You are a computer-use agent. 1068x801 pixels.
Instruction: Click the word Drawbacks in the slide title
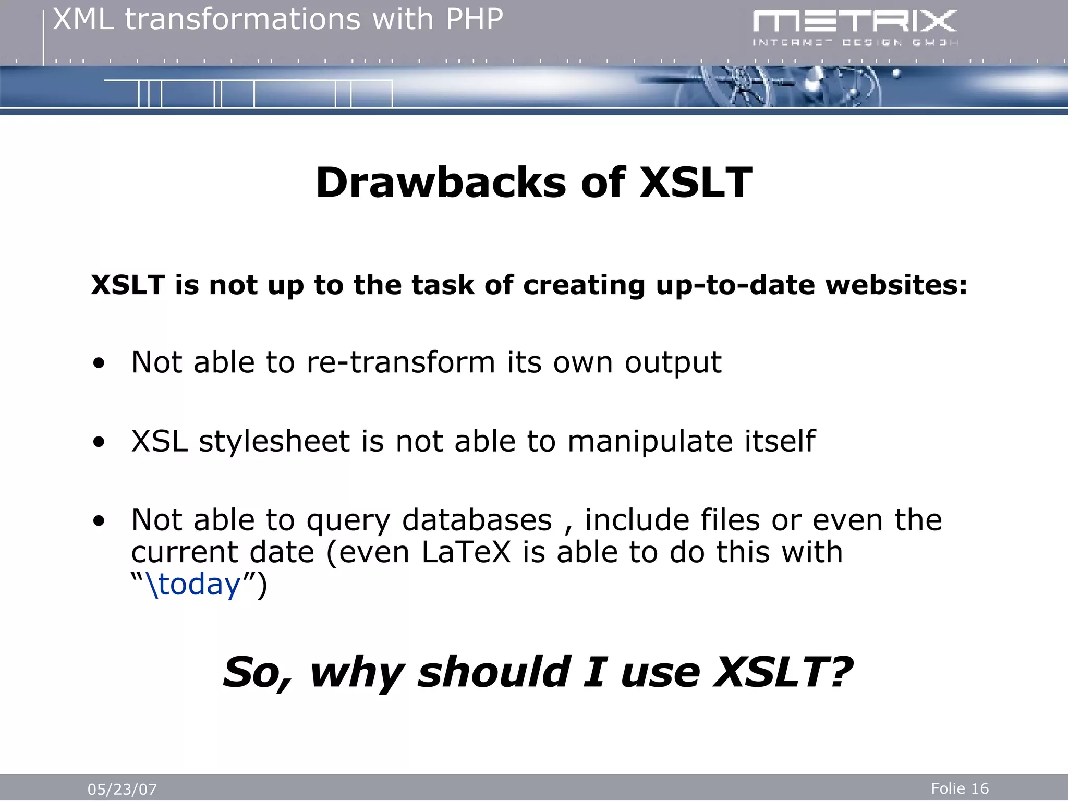click(441, 183)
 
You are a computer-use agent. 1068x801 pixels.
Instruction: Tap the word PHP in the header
click(474, 19)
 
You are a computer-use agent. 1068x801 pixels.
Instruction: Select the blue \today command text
click(194, 584)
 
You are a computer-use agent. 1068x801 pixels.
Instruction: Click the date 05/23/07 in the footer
click(122, 789)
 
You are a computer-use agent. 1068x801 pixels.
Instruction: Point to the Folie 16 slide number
click(960, 788)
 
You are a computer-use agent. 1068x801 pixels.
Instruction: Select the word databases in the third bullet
click(477, 520)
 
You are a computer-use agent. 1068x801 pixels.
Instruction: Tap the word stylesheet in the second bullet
click(274, 441)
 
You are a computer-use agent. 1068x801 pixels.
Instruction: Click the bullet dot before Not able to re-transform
click(99, 364)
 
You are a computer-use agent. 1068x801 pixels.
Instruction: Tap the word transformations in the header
click(243, 19)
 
